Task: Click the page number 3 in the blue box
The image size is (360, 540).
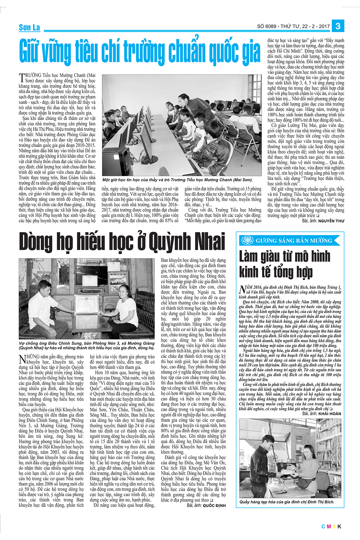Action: [338, 26]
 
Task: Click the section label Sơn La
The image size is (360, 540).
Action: [29, 28]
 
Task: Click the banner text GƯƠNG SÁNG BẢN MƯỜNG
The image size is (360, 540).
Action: [294, 241]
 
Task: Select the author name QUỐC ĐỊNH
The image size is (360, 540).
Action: [214, 505]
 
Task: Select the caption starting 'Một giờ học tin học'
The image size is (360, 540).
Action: [177, 180]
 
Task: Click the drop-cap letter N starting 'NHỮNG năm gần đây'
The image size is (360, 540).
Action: [22, 359]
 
